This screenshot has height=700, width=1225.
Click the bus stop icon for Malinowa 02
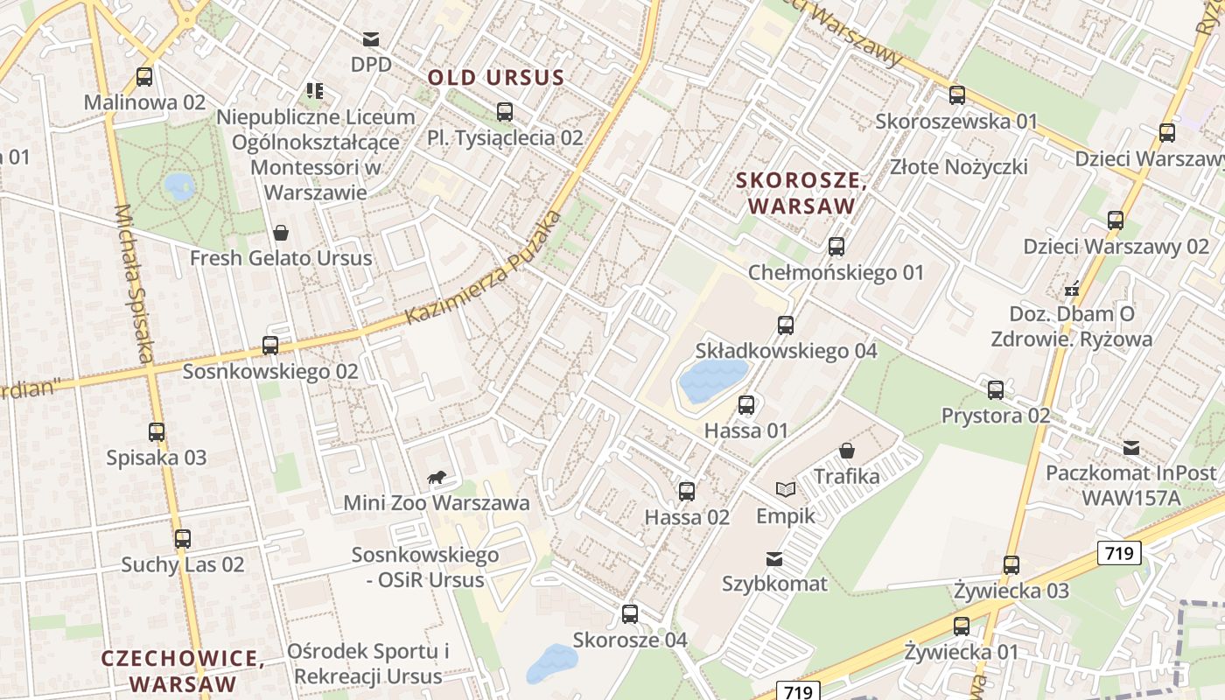pyautogui.click(x=144, y=77)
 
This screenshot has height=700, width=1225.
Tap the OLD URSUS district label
pyautogui.click(x=496, y=78)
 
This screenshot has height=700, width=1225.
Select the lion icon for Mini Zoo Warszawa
pyautogui.click(x=436, y=477)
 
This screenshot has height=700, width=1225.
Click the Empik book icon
pyautogui.click(x=785, y=490)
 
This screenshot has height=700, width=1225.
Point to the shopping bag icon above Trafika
pyautogui.click(x=846, y=451)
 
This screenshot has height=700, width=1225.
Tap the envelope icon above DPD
pyautogui.click(x=371, y=38)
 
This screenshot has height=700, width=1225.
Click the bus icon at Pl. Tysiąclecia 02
pyautogui.click(x=504, y=112)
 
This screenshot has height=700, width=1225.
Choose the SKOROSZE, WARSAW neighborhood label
pyautogui.click(x=801, y=193)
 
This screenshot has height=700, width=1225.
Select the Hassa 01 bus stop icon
pyautogui.click(x=745, y=405)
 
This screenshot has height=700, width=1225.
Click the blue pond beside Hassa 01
pyautogui.click(x=712, y=381)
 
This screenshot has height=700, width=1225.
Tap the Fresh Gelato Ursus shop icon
pyautogui.click(x=281, y=233)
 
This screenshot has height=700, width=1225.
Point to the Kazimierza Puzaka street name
pyautogui.click(x=484, y=268)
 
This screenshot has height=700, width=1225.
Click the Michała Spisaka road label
pyautogui.click(x=135, y=283)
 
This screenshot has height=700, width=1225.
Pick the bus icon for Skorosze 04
pyautogui.click(x=629, y=614)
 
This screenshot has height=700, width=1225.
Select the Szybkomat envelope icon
pyautogui.click(x=774, y=558)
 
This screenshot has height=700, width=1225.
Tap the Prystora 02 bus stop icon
pyautogui.click(x=995, y=390)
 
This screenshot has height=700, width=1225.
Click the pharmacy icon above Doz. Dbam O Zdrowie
pyautogui.click(x=1071, y=288)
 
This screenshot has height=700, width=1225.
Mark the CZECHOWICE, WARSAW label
pyautogui.click(x=182, y=670)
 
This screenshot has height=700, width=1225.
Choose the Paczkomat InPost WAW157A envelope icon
pyautogui.click(x=1131, y=448)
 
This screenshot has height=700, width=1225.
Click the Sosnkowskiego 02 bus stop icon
pyautogui.click(x=269, y=346)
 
